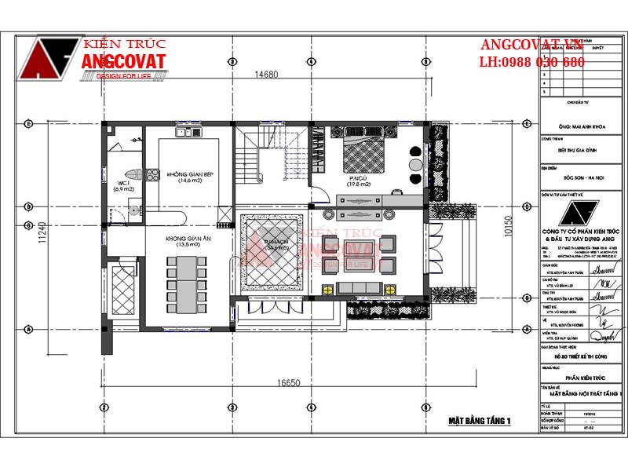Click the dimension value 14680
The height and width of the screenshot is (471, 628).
[266, 75]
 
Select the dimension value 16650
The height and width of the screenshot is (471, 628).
[289, 384]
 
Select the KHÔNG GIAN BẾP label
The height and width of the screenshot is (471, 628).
[190, 176]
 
